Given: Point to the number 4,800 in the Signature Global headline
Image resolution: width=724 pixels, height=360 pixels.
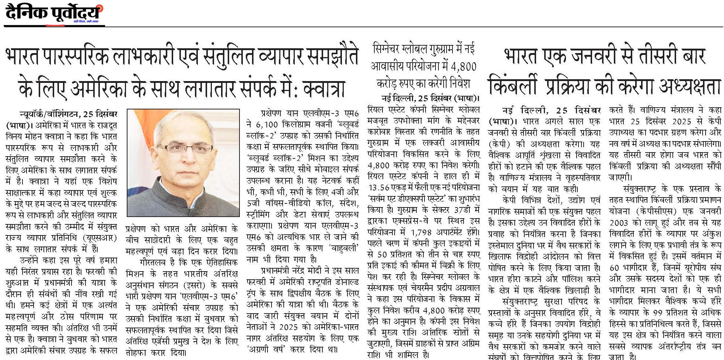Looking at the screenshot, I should tap(463, 66).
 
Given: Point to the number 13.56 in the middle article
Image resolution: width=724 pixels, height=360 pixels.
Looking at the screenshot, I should tap(380, 187).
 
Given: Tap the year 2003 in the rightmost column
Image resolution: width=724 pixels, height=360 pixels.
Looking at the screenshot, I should tap(621, 223).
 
